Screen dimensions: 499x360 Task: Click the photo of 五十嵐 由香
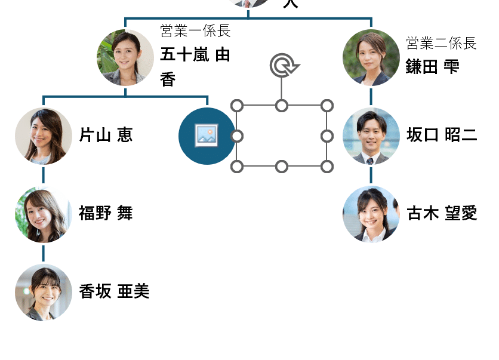(125, 58)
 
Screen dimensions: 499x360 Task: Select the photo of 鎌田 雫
(371, 58)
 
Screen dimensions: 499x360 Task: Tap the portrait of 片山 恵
(44, 136)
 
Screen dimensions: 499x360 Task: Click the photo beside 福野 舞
(44, 214)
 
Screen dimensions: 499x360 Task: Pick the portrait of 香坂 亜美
(44, 293)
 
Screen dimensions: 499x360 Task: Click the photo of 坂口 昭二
(371, 136)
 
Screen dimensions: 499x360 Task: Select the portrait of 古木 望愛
(371, 214)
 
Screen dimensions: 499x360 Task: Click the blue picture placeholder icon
(207, 136)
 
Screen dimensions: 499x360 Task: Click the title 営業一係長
(195, 30)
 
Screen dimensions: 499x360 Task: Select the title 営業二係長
(441, 43)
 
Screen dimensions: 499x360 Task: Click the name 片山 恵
(106, 136)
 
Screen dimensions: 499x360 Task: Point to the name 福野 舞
(106, 213)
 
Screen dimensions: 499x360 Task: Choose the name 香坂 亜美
(114, 291)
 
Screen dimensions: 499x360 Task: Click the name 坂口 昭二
(442, 135)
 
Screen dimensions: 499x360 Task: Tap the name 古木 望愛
(442, 213)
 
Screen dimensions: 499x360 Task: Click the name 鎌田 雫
(433, 66)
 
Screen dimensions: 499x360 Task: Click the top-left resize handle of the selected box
(237, 106)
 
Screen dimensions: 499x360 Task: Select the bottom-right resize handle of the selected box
(326, 166)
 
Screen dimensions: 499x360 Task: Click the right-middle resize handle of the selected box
(326, 136)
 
